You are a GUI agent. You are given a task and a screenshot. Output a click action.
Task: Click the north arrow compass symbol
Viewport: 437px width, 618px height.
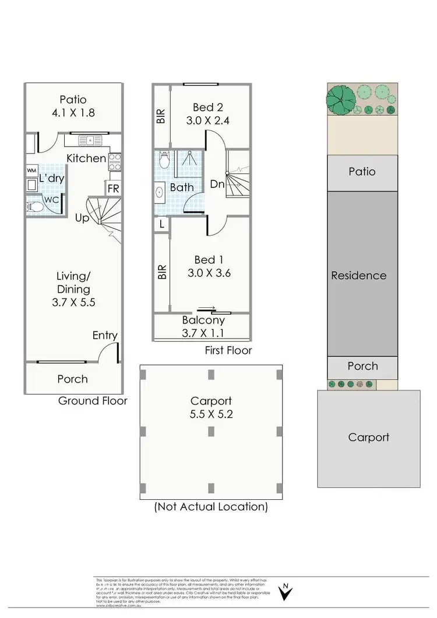tap(285, 591)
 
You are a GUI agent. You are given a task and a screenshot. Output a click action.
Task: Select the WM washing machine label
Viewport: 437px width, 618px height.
tap(31, 170)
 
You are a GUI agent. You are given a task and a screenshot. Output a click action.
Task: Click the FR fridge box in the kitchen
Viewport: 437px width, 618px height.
tap(113, 189)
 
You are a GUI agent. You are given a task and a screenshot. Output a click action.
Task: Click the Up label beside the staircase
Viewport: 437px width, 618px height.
tap(82, 218)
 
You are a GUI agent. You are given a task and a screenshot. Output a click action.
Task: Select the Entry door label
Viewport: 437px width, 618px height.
tap(105, 335)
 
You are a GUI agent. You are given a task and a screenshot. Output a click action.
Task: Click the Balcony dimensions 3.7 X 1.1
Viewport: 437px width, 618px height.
tap(203, 333)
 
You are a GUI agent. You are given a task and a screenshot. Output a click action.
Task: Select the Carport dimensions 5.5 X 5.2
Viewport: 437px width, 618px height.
tap(211, 416)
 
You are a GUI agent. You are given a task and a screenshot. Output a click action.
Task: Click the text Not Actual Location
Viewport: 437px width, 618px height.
tap(211, 506)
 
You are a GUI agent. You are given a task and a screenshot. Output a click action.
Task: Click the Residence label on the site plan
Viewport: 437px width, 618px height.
tap(359, 275)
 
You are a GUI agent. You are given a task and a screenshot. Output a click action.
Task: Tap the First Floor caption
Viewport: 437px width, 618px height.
tap(228, 350)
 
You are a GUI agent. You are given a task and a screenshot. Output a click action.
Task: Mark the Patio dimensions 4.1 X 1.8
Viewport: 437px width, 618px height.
tap(73, 114)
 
